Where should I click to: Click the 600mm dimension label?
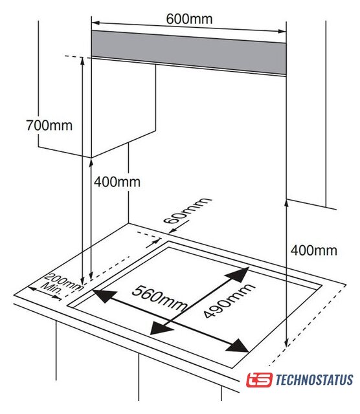(189, 19)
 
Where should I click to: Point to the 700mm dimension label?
(49, 125)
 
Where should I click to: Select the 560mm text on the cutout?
(159, 298)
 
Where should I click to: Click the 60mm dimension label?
(187, 210)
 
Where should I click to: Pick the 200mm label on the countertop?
(63, 282)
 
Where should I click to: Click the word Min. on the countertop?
(52, 289)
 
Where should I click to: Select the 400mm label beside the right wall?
(314, 250)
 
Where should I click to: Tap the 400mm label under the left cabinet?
(117, 182)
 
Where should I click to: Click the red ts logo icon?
(259, 380)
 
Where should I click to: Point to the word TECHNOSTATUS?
(314, 380)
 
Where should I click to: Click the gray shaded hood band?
(188, 52)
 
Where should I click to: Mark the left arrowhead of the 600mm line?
(95, 23)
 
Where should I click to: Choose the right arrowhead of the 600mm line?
(282, 31)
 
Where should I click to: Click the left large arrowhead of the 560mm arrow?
(104, 295)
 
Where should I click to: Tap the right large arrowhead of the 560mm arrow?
(237, 345)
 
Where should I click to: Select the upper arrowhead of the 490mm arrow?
(238, 274)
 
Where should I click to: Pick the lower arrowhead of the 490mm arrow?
(161, 328)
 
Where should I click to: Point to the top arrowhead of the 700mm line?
(82, 61)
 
